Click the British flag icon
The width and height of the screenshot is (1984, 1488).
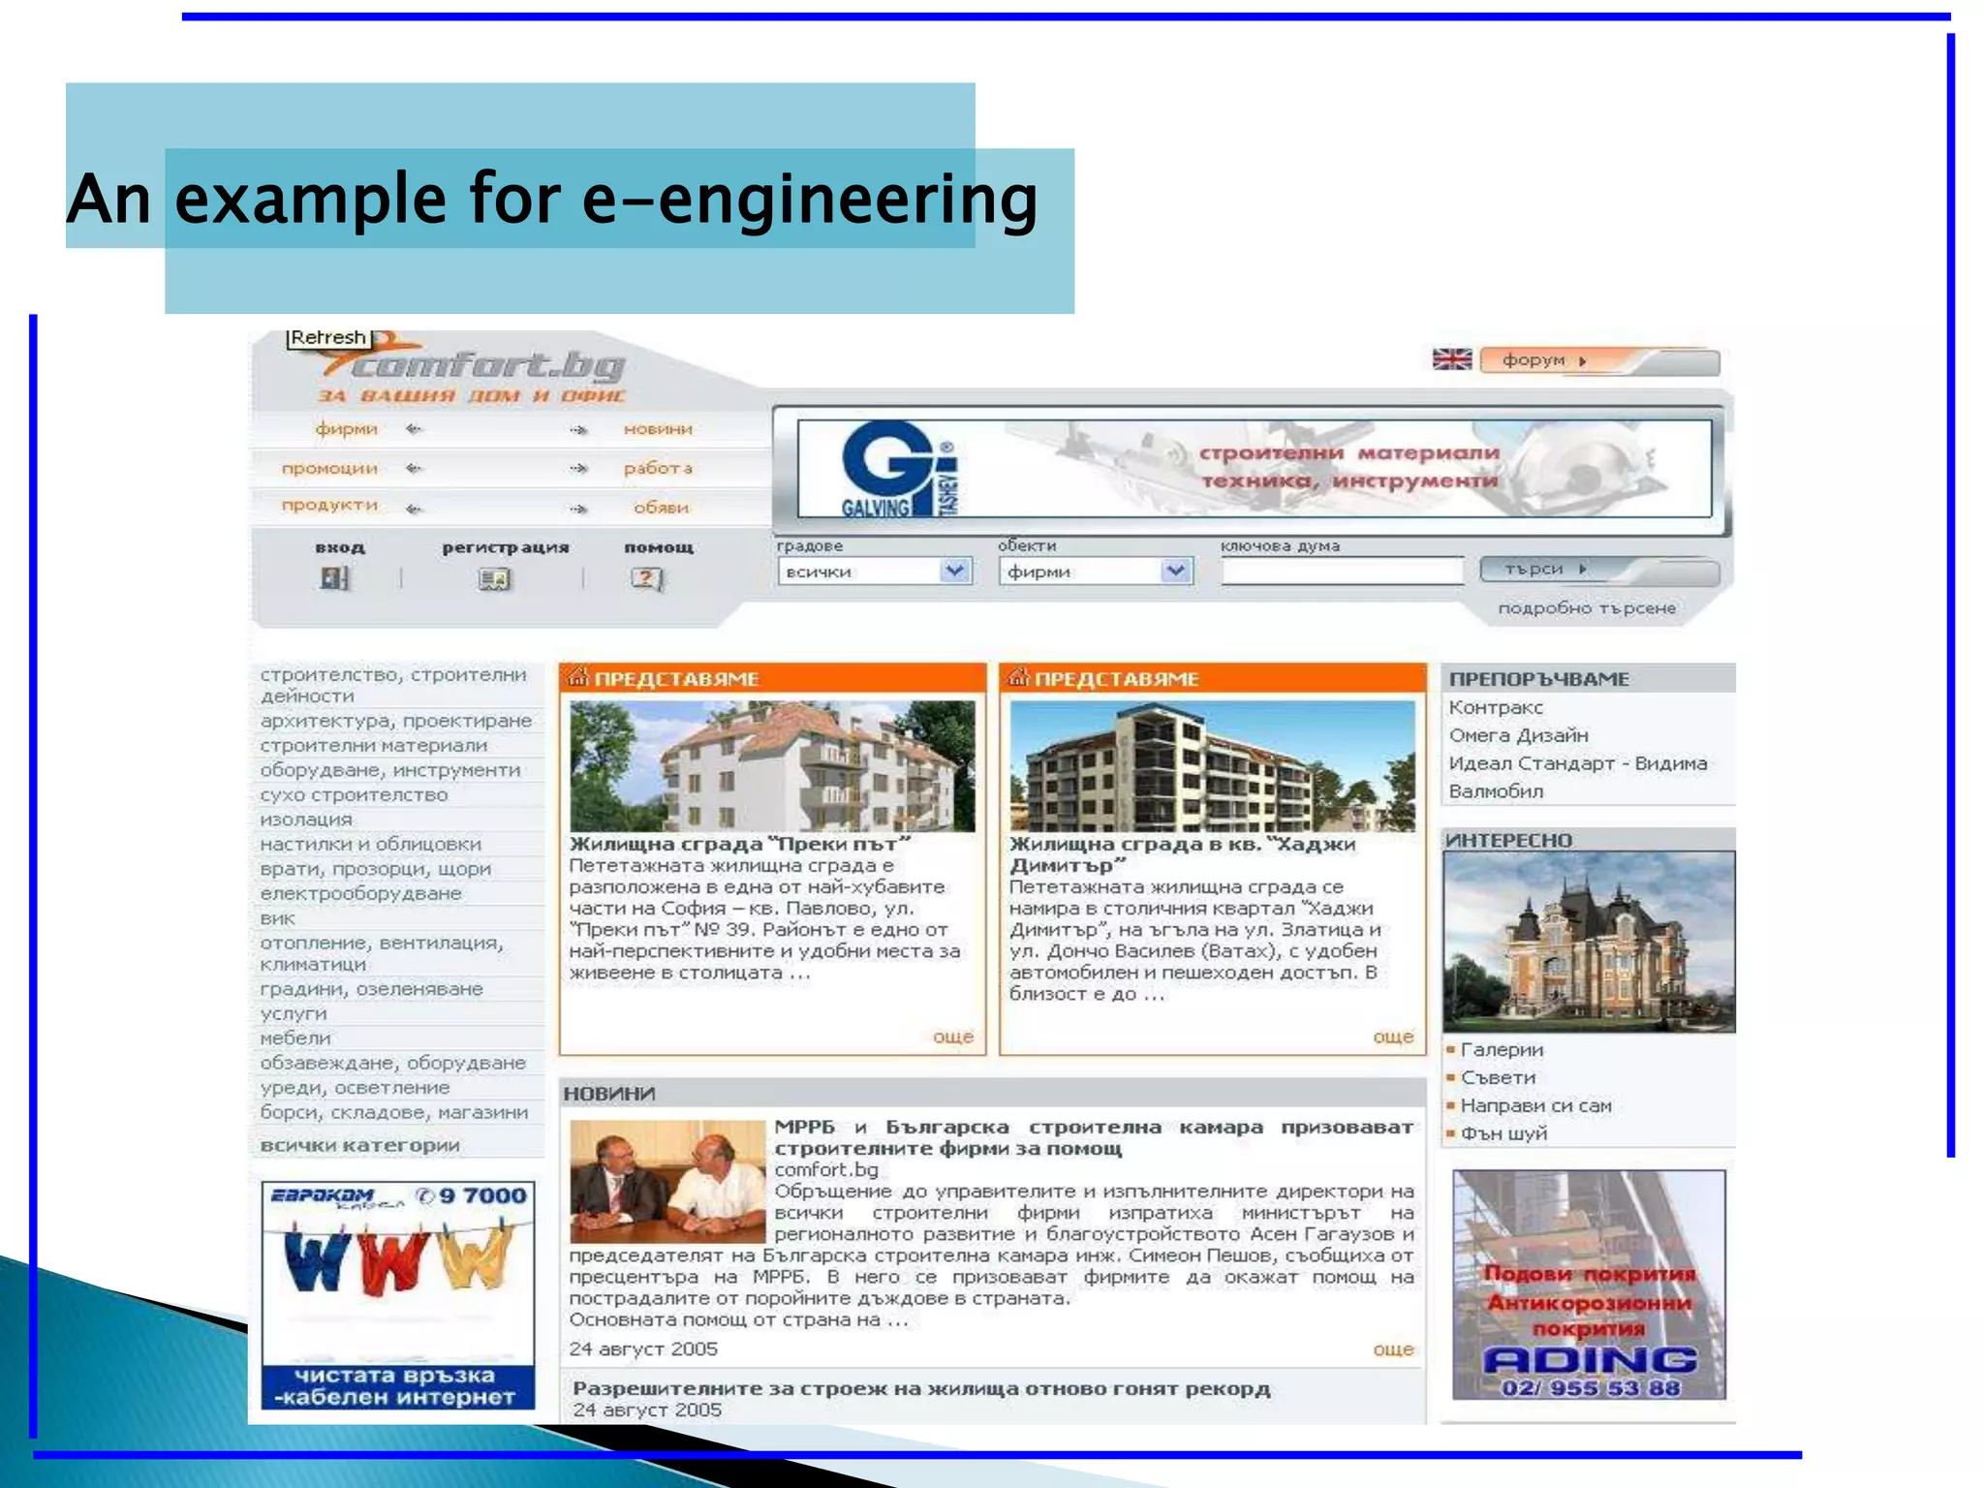pyautogui.click(x=1451, y=359)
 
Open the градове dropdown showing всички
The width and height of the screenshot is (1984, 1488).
pyautogui.click(x=873, y=572)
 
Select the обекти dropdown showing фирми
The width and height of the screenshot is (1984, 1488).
pyautogui.click(x=1095, y=572)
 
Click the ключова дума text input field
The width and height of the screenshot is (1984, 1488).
pyautogui.click(x=1342, y=572)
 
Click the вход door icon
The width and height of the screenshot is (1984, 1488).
pyautogui.click(x=334, y=578)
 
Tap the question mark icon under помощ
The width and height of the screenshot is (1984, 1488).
pyautogui.click(x=646, y=578)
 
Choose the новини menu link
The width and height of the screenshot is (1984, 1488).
pyautogui.click(x=658, y=429)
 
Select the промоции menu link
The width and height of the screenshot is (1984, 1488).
pyautogui.click(x=329, y=469)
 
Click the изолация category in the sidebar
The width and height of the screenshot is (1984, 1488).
pyautogui.click(x=306, y=820)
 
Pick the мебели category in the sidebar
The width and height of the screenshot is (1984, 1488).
pyautogui.click(x=295, y=1038)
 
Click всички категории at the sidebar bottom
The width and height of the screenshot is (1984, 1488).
pyautogui.click(x=359, y=1145)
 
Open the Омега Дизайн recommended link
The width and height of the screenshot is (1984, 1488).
pyautogui.click(x=1518, y=735)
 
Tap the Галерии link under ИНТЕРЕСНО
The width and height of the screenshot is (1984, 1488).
pyautogui.click(x=1502, y=1050)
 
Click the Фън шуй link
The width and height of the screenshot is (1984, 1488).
pyautogui.click(x=1503, y=1133)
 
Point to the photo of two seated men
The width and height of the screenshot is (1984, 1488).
pyautogui.click(x=667, y=1181)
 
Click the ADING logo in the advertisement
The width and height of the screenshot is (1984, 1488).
pyautogui.click(x=1589, y=1359)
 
